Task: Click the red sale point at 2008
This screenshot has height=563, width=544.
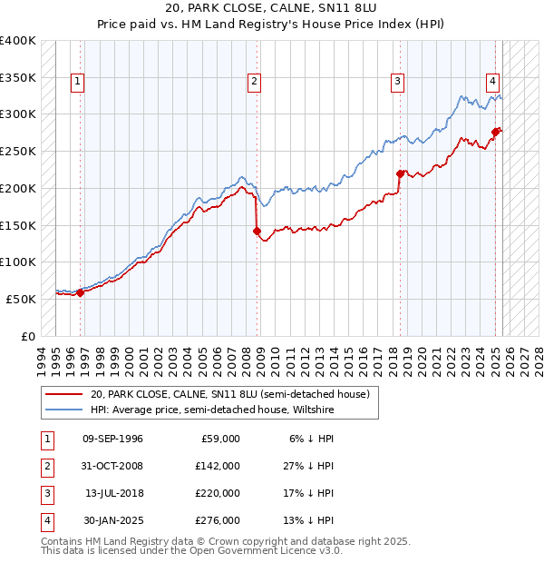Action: click(x=257, y=231)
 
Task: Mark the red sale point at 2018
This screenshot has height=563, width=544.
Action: click(x=401, y=173)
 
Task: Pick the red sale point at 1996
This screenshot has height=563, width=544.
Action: click(x=80, y=292)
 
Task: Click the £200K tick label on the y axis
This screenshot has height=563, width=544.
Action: click(x=18, y=188)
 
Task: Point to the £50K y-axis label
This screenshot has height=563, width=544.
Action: click(x=21, y=299)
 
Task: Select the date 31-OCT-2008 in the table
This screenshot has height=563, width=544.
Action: click(x=112, y=466)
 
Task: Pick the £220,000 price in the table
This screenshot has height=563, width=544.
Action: click(x=219, y=493)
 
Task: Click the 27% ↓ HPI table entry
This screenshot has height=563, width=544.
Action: click(x=307, y=466)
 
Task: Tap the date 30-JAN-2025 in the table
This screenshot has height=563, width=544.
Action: click(x=112, y=520)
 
